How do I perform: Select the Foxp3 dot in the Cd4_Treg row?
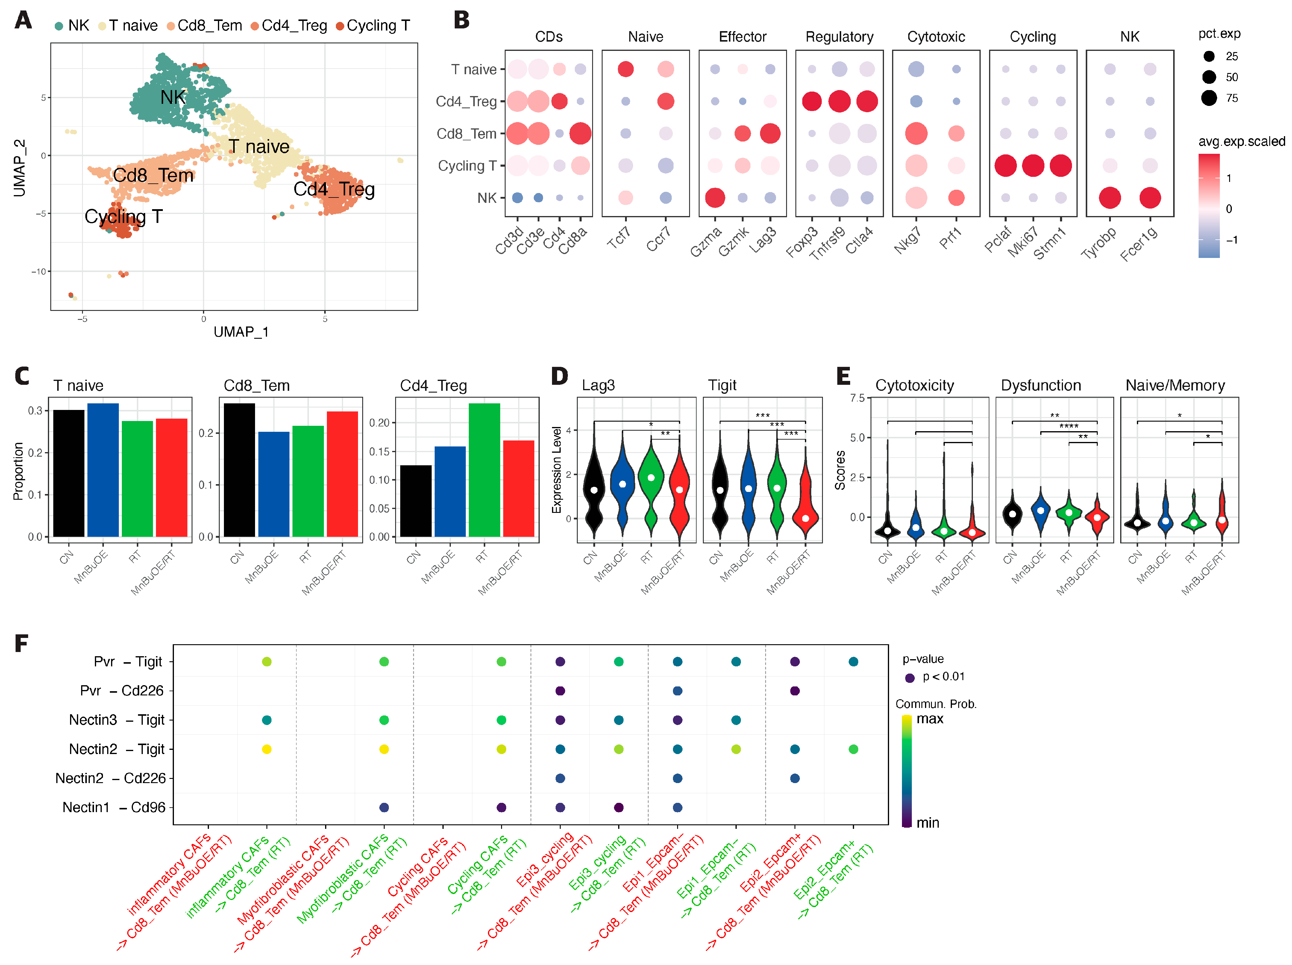[x=812, y=101]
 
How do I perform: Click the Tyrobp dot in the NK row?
[x=1110, y=198]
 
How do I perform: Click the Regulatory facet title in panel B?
[x=839, y=37]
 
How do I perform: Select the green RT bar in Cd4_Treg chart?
[x=484, y=470]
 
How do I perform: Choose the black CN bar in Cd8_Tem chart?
[x=239, y=470]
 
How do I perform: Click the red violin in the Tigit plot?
[x=806, y=496]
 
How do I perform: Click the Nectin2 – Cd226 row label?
[x=111, y=778]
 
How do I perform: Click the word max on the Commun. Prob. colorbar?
[x=930, y=719]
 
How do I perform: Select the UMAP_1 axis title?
[x=241, y=332]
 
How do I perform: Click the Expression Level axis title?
[x=556, y=470]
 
